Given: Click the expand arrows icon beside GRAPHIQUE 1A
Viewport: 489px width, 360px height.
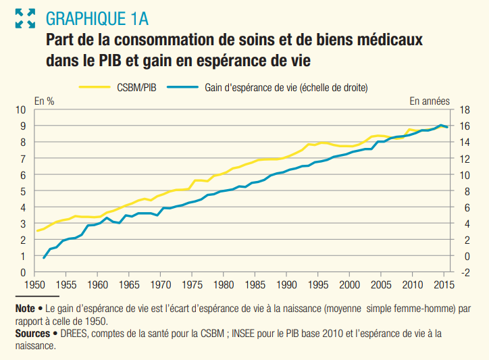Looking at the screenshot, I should tap(25, 18).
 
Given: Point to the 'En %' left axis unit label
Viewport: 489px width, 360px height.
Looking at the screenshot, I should tap(45, 101).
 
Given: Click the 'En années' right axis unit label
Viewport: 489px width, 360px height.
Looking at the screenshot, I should tap(430, 101).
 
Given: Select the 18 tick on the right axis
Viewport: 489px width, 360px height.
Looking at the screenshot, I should tap(464, 109).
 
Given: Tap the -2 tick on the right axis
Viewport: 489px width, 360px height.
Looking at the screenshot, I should tap(464, 272).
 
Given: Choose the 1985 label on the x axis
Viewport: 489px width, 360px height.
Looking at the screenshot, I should tap(255, 284).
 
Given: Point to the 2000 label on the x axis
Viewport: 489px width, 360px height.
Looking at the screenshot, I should tap(350, 284).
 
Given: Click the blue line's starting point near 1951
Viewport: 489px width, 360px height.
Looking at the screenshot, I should tap(44, 258).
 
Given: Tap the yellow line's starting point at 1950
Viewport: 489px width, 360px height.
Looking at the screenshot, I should tap(38, 231).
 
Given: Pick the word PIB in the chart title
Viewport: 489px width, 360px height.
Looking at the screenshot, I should tap(102, 61).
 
